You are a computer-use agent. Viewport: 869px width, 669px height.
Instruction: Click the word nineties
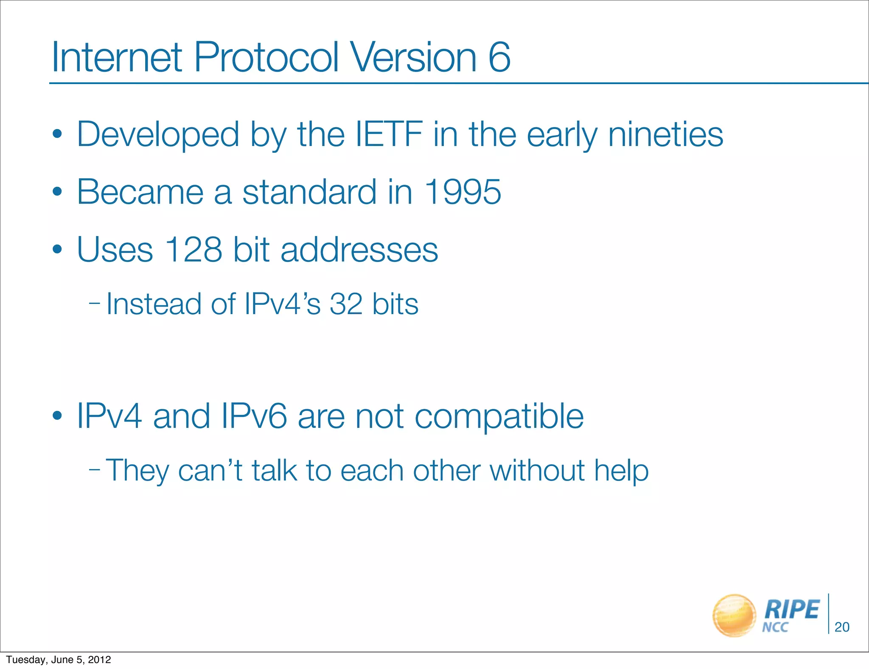(665, 134)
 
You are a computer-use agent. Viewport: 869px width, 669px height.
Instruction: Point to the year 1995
(462, 192)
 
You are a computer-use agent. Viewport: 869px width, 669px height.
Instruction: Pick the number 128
(193, 249)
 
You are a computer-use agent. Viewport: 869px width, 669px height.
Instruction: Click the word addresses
(359, 250)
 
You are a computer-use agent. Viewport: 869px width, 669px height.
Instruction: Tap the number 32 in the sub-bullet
(346, 304)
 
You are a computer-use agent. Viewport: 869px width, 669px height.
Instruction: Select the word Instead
(154, 304)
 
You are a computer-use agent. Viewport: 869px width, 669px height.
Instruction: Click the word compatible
(499, 417)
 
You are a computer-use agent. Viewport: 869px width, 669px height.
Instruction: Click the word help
(621, 471)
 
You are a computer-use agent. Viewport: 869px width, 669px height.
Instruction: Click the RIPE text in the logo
(791, 610)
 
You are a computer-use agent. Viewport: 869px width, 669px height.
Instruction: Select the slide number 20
(842, 627)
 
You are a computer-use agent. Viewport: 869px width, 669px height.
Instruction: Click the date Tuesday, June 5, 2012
(59, 660)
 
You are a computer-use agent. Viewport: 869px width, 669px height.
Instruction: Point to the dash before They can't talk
(95, 469)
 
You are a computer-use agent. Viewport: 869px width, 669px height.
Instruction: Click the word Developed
(158, 135)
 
